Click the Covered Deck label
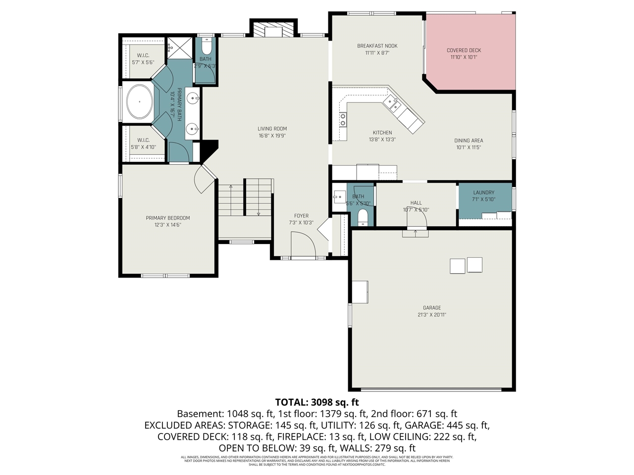coord(464,50)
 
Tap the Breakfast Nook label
coord(377,46)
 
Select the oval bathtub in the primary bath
coord(139,102)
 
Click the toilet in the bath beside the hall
coord(363,217)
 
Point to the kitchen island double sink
coord(394,103)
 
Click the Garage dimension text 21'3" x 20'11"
coord(431,315)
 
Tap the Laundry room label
coord(483,192)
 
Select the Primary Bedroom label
coord(167,218)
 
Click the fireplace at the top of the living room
coord(273,30)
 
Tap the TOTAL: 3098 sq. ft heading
coord(317,402)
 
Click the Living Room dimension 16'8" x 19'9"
coord(272,136)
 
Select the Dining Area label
coord(469,141)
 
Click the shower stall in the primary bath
coord(179,48)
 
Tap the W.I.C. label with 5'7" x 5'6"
coord(143,55)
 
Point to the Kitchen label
coord(382,133)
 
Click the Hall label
coord(416,203)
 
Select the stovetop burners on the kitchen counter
coord(342,119)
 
